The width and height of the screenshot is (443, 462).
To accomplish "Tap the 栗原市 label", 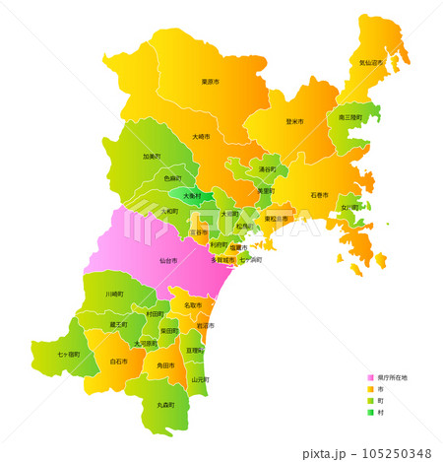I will (x=210, y=82).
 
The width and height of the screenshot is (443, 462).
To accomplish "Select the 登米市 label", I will (x=294, y=121).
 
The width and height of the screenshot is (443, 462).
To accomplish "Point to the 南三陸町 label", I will (x=350, y=117).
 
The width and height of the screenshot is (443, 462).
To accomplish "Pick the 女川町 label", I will (x=349, y=208).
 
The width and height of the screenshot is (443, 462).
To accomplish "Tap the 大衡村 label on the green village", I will (x=192, y=196).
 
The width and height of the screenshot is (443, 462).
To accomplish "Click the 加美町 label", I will (x=152, y=156).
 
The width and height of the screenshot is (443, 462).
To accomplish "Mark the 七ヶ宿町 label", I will (x=69, y=353).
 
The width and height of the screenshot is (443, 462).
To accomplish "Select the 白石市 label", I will (x=118, y=362).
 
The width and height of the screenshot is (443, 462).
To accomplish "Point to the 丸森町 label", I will (x=165, y=405).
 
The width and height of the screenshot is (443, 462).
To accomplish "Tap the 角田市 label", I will (x=165, y=365).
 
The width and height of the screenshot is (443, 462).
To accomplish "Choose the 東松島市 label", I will (x=277, y=219).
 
